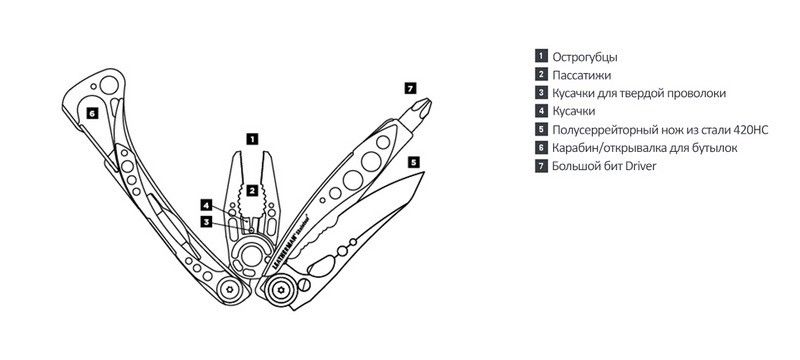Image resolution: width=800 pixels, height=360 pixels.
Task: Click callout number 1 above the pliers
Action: [252, 138]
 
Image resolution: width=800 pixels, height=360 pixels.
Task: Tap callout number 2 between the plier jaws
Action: [252, 191]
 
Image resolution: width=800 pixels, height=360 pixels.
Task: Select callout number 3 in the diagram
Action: [206, 221]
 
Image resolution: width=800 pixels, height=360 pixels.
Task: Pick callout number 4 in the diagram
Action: [206, 205]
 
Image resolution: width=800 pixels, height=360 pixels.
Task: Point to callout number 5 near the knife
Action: [414, 162]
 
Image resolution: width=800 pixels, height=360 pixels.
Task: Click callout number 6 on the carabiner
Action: [92, 113]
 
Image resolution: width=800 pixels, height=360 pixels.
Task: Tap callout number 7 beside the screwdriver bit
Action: [411, 88]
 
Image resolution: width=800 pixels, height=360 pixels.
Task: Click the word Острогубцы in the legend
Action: [585, 57]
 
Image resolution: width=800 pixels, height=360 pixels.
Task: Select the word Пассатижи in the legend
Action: [582, 75]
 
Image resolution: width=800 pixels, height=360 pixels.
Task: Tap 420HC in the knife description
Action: [750, 130]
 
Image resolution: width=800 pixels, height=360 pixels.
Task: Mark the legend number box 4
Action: [541, 111]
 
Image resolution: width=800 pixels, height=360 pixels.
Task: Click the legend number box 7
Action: [541, 166]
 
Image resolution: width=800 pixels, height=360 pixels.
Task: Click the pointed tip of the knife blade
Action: [423, 174]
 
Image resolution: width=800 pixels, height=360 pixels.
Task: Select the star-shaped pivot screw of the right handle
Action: [279, 289]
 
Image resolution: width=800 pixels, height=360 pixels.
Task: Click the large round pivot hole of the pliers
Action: [252, 255]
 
